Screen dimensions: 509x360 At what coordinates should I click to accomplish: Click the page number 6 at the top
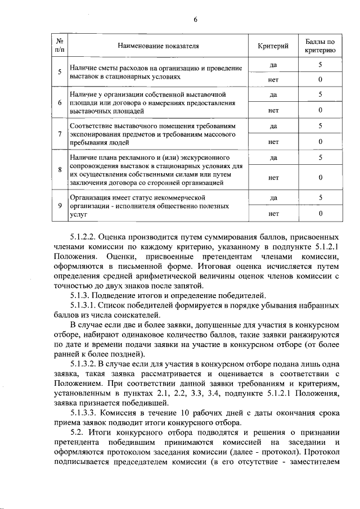click(196, 20)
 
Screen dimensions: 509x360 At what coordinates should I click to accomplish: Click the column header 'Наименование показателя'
click(159, 46)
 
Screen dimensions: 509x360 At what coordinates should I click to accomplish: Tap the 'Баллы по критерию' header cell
click(320, 46)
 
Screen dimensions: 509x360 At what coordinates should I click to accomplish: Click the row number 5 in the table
click(60, 71)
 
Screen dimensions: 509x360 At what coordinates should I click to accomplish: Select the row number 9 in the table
click(60, 205)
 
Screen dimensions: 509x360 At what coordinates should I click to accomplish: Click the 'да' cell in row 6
click(273, 95)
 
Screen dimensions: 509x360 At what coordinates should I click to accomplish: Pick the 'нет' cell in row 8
click(273, 178)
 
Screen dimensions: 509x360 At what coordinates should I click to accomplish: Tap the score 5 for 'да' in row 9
click(320, 197)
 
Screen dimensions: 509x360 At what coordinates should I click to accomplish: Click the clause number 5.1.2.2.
click(87, 237)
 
